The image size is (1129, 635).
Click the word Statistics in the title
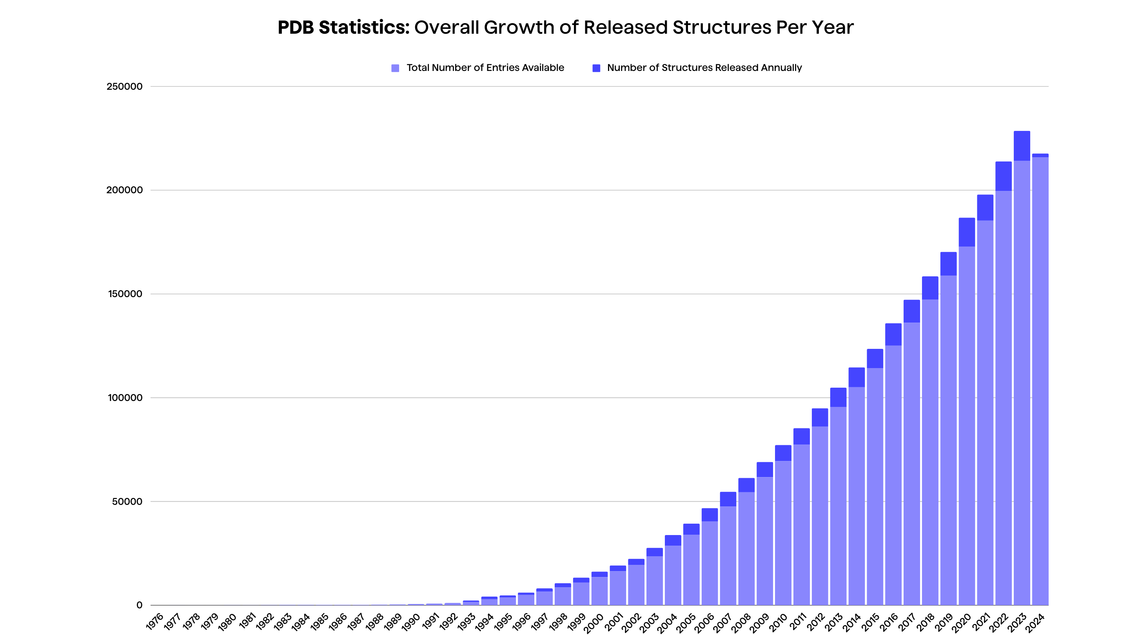click(363, 27)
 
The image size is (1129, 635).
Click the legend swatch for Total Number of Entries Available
click(395, 68)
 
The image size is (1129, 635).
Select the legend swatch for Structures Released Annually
click(596, 68)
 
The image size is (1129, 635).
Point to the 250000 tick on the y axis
click(125, 86)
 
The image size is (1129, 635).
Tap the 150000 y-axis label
click(125, 294)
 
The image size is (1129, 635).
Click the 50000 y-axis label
click(127, 501)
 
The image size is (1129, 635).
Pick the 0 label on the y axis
click(140, 605)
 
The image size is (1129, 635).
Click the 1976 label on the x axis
click(155, 621)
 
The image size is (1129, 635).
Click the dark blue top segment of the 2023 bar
click(1022, 145)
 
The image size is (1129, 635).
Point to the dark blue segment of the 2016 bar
click(893, 334)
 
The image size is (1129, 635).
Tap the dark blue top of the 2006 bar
click(710, 515)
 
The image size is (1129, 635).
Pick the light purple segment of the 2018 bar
click(930, 452)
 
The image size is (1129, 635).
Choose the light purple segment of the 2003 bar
click(654, 580)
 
